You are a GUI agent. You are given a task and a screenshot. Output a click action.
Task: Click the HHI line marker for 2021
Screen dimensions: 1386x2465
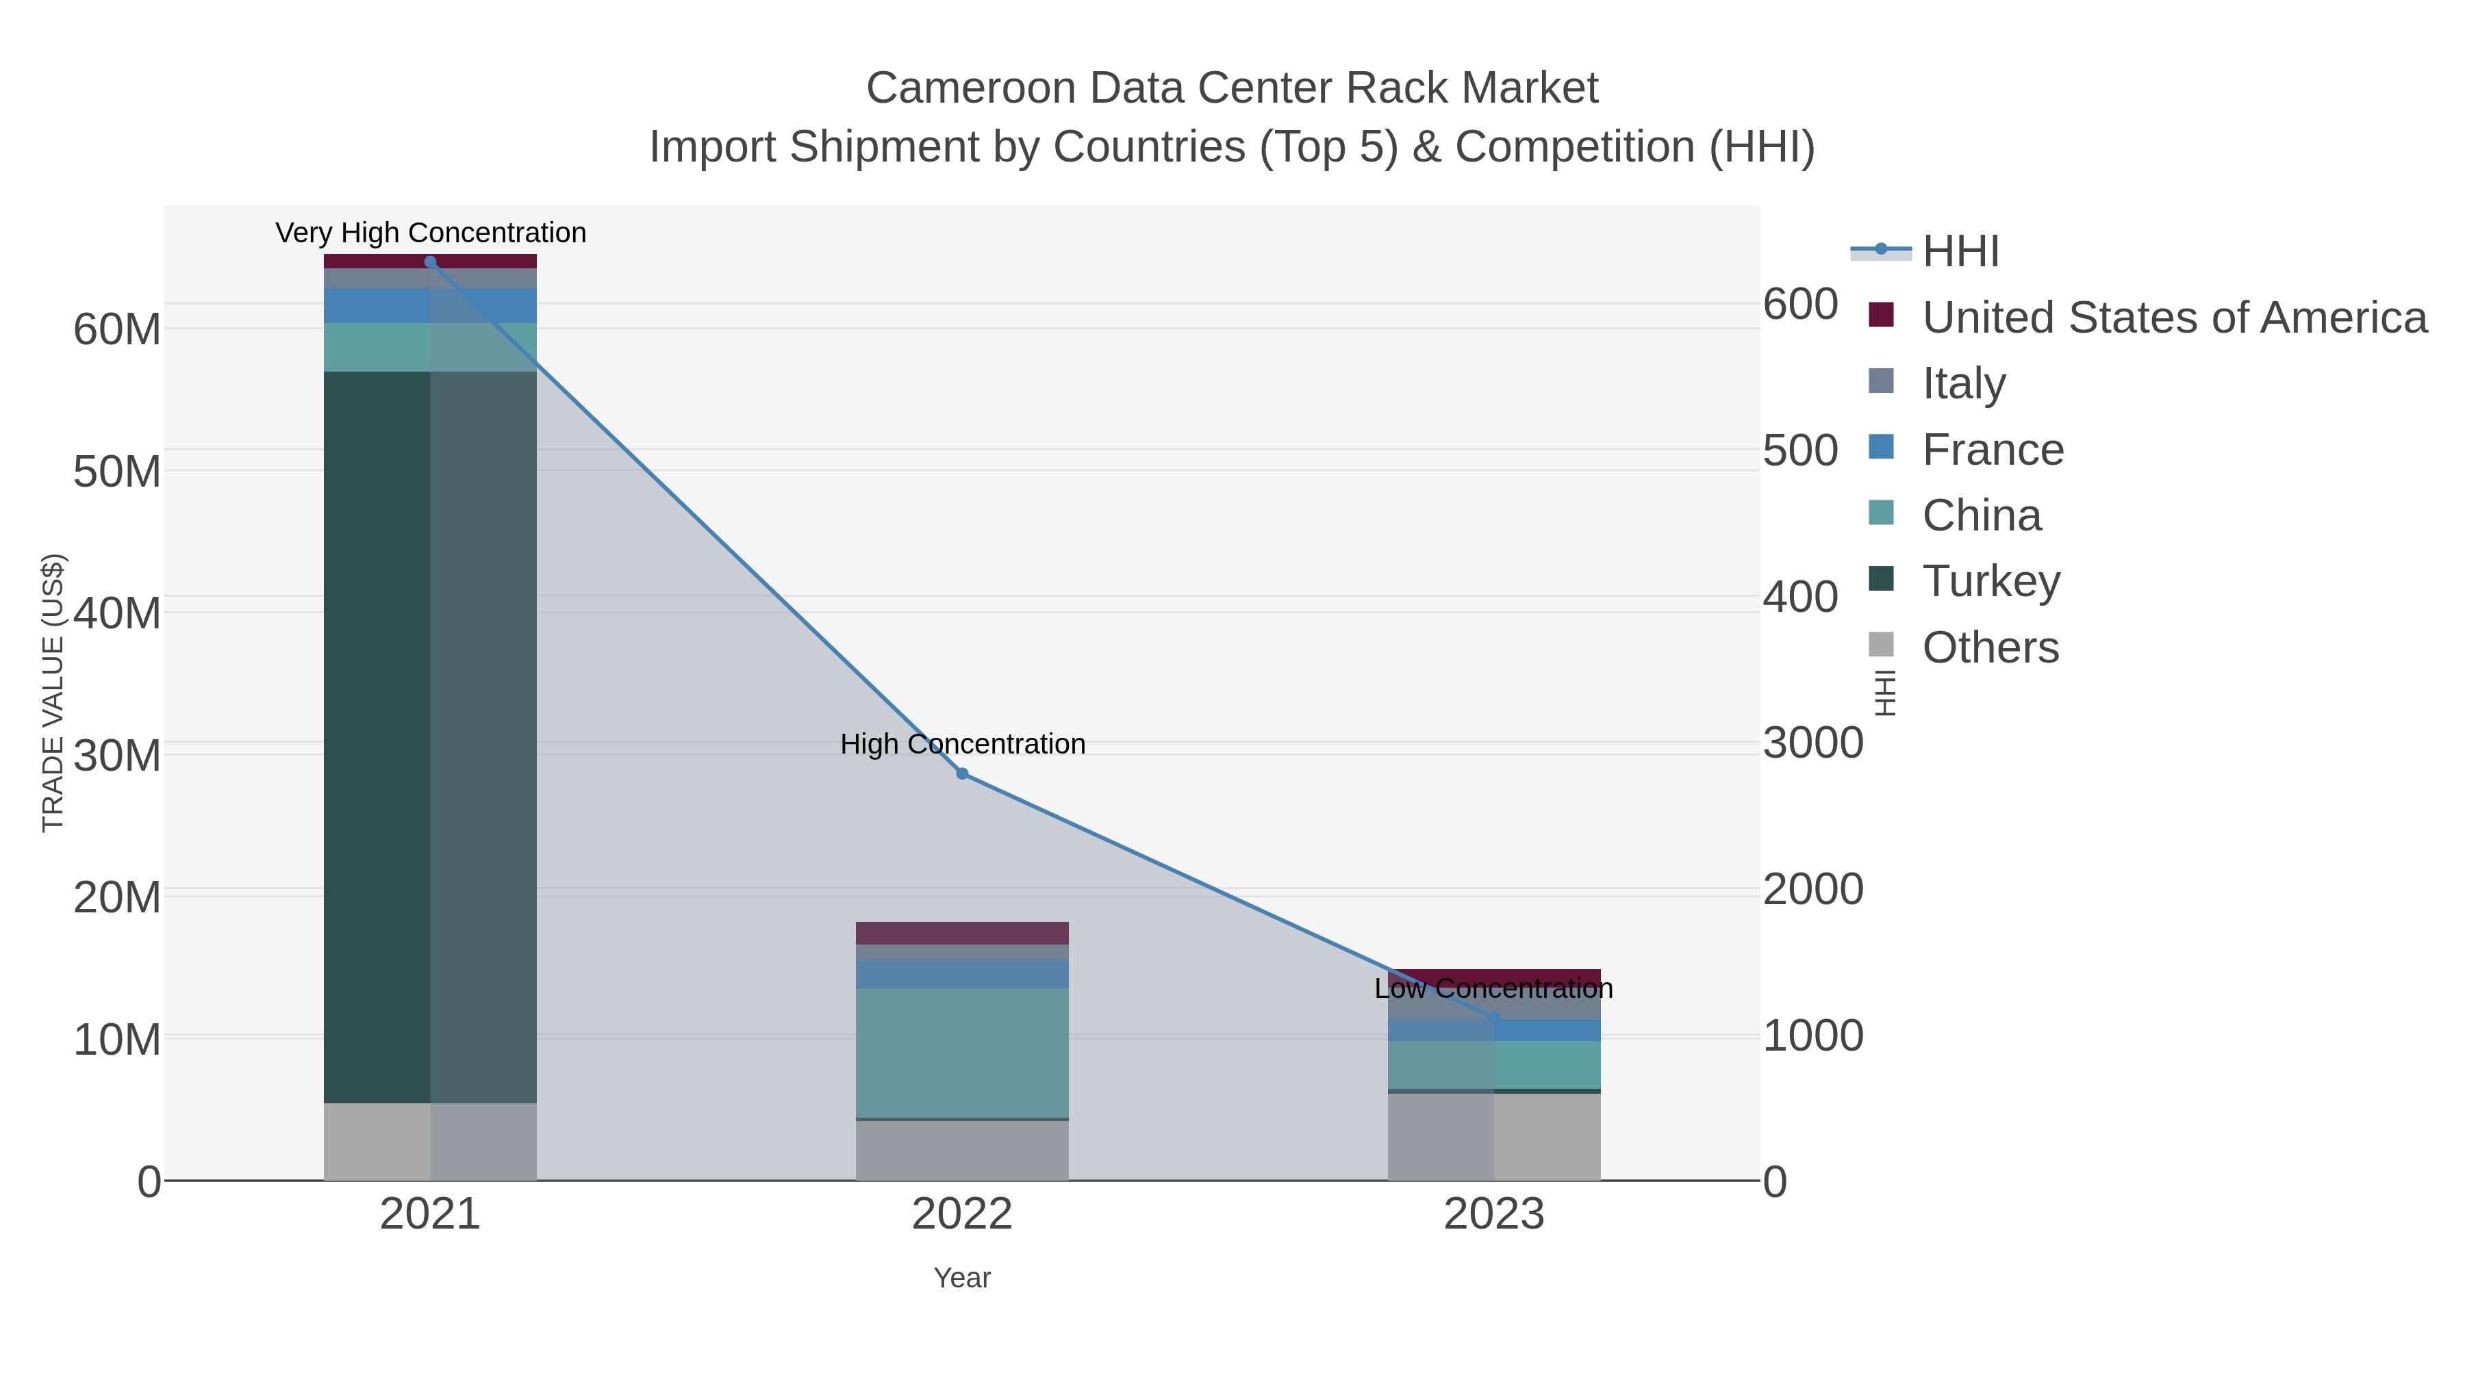tap(429, 262)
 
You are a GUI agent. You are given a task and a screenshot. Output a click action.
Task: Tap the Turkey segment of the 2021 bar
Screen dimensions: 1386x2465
tap(429, 736)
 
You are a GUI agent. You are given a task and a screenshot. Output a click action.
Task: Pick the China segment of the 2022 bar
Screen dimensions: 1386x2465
tap(962, 1052)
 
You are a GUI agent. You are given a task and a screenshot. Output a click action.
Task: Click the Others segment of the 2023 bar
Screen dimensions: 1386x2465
tap(1494, 1136)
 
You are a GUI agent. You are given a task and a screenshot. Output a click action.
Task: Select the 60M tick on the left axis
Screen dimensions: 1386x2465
tap(116, 330)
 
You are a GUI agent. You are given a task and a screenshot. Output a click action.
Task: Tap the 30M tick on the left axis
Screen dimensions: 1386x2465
tap(116, 756)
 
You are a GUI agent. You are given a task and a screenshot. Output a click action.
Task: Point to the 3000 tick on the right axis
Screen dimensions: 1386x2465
tap(1813, 743)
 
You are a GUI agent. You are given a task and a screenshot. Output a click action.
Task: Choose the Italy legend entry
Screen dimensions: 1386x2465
tap(1964, 383)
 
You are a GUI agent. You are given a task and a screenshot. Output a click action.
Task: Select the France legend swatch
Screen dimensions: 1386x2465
tap(1882, 448)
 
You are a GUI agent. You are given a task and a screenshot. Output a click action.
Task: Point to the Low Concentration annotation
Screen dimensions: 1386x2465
tap(1494, 988)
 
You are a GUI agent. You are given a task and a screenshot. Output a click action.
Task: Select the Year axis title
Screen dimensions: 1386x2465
tap(962, 1278)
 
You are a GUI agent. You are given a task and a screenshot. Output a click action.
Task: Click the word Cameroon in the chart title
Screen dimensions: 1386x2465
tap(970, 88)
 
